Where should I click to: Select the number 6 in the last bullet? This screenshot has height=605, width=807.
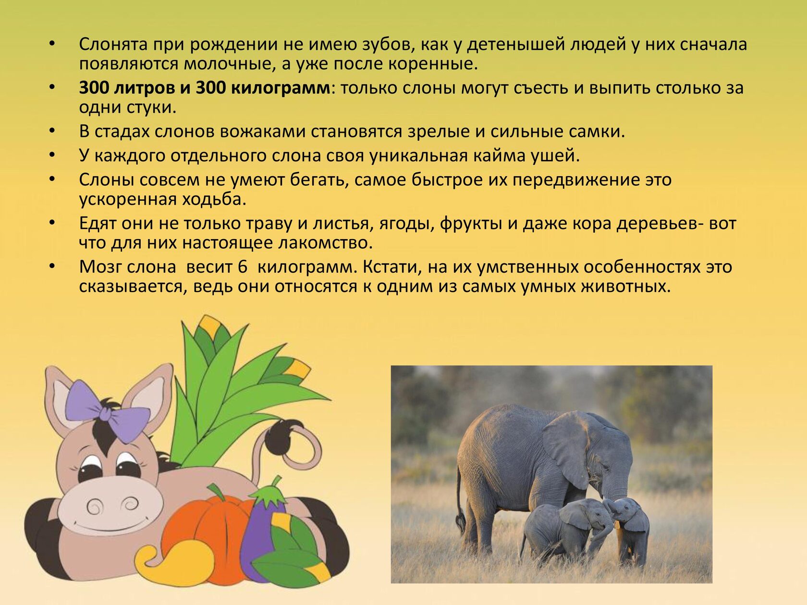pyautogui.click(x=243, y=267)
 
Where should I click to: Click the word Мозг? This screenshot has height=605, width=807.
pyautogui.click(x=100, y=267)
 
